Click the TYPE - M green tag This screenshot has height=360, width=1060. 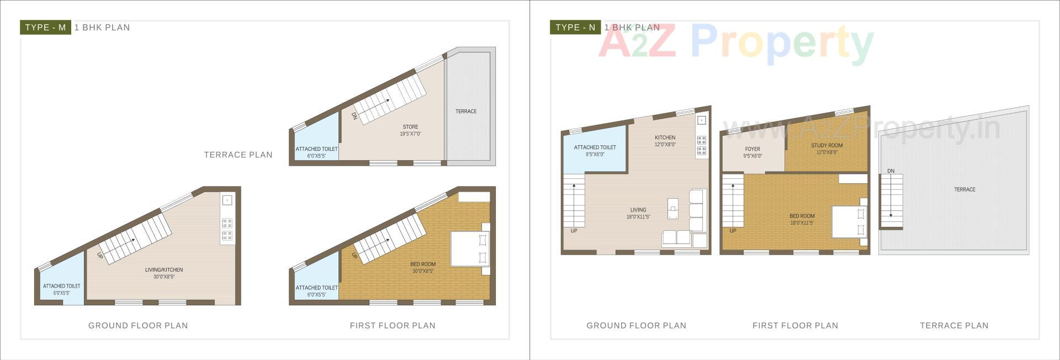pos(45,28)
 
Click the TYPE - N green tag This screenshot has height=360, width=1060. pos(575,28)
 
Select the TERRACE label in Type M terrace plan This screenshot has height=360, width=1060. pos(466,112)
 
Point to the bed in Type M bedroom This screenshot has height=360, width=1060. pos(470,249)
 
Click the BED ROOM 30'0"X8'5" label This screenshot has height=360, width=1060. pos(423,267)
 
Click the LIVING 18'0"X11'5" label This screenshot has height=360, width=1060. pos(638,213)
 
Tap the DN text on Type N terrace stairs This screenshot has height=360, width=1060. pos(891,171)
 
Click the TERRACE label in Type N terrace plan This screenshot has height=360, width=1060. pos(964,189)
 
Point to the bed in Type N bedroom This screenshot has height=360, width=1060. pos(849,221)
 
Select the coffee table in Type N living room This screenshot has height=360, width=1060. pos(673,208)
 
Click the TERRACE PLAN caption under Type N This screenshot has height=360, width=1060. pos(954,326)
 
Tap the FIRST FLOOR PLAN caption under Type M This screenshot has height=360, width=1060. pos(393,326)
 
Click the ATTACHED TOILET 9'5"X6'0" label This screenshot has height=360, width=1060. pos(595,151)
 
